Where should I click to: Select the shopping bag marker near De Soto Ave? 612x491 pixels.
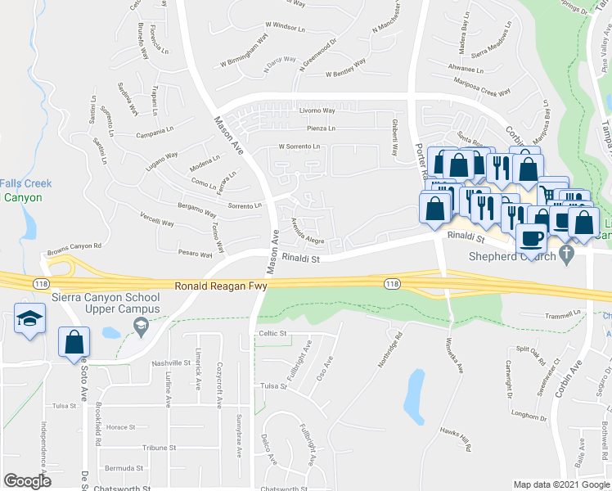coord(74,342)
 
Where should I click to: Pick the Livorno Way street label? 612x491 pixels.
coord(317,110)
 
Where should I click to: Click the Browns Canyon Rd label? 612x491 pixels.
coord(74,245)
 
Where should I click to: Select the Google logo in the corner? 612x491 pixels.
coord(28,480)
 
